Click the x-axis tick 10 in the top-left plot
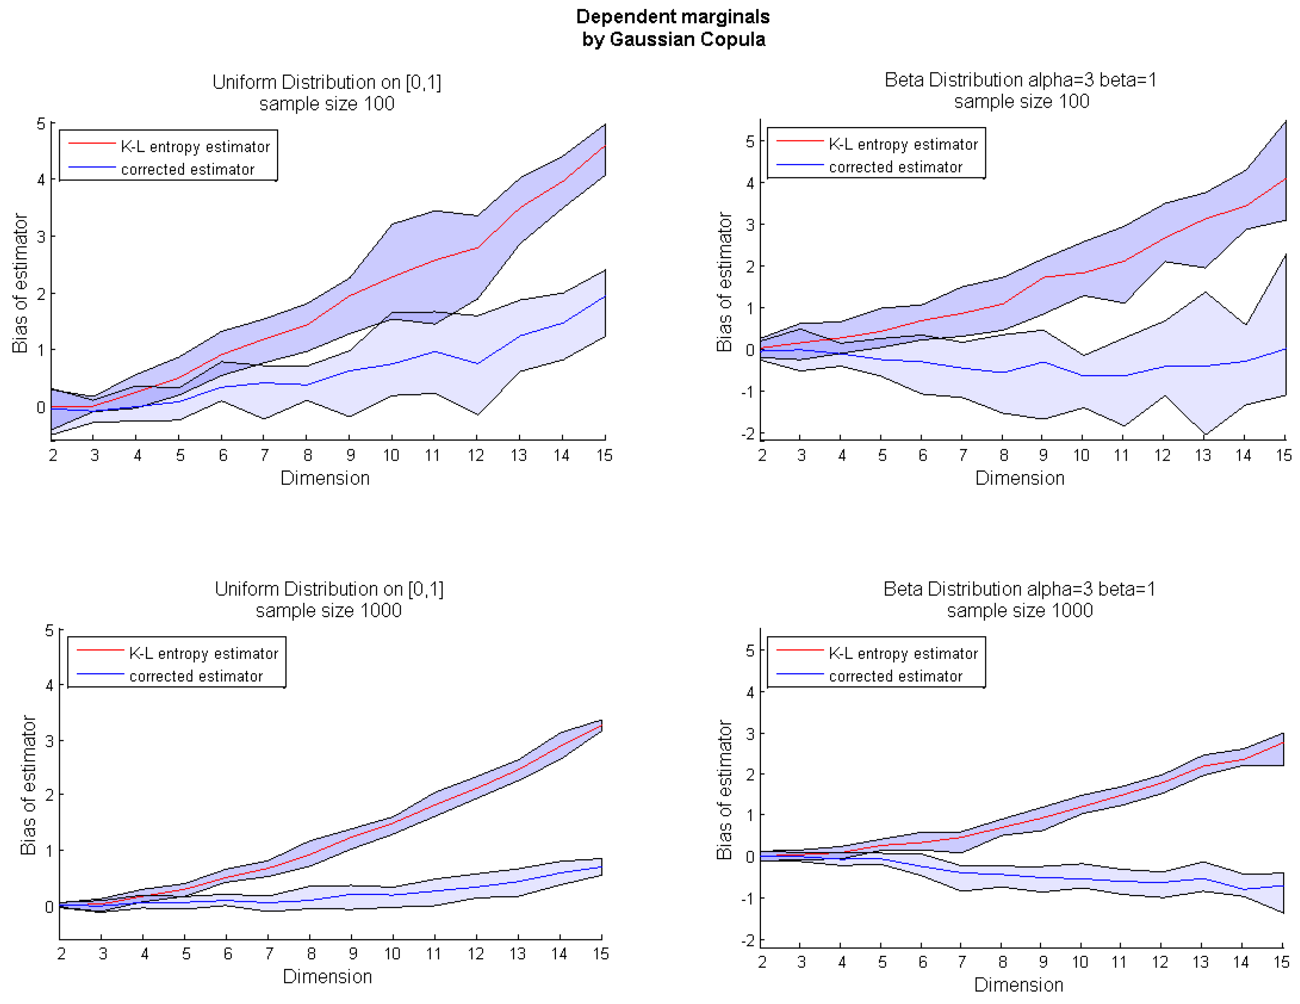coord(391,456)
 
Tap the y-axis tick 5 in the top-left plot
coord(41,123)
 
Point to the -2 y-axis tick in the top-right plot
coord(748,433)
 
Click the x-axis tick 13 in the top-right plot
coord(1203,456)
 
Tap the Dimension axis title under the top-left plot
coord(325,478)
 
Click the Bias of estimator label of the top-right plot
coord(724,282)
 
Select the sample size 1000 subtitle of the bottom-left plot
coord(328,610)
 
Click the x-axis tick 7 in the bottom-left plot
coord(269,953)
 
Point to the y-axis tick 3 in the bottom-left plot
coord(49,740)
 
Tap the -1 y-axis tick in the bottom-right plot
coord(748,897)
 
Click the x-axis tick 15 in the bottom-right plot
coord(1282,962)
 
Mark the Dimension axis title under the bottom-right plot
coord(1019,985)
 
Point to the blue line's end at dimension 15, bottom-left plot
coord(602,867)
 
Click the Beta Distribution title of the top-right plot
coord(1020,80)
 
